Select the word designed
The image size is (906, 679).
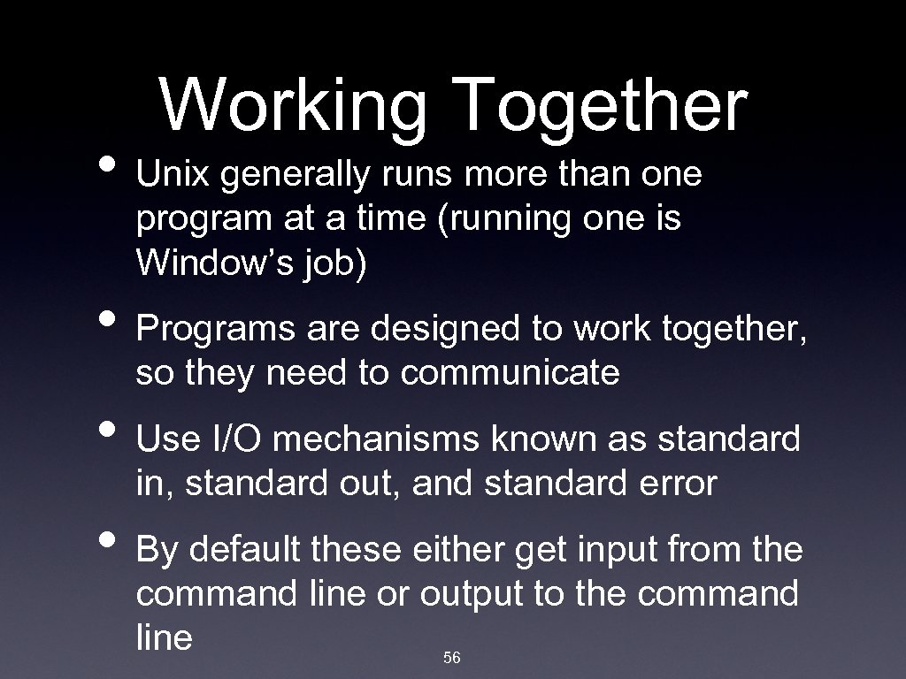[446, 329]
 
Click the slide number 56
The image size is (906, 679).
[452, 658]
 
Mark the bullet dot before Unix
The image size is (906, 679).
[114, 166]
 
